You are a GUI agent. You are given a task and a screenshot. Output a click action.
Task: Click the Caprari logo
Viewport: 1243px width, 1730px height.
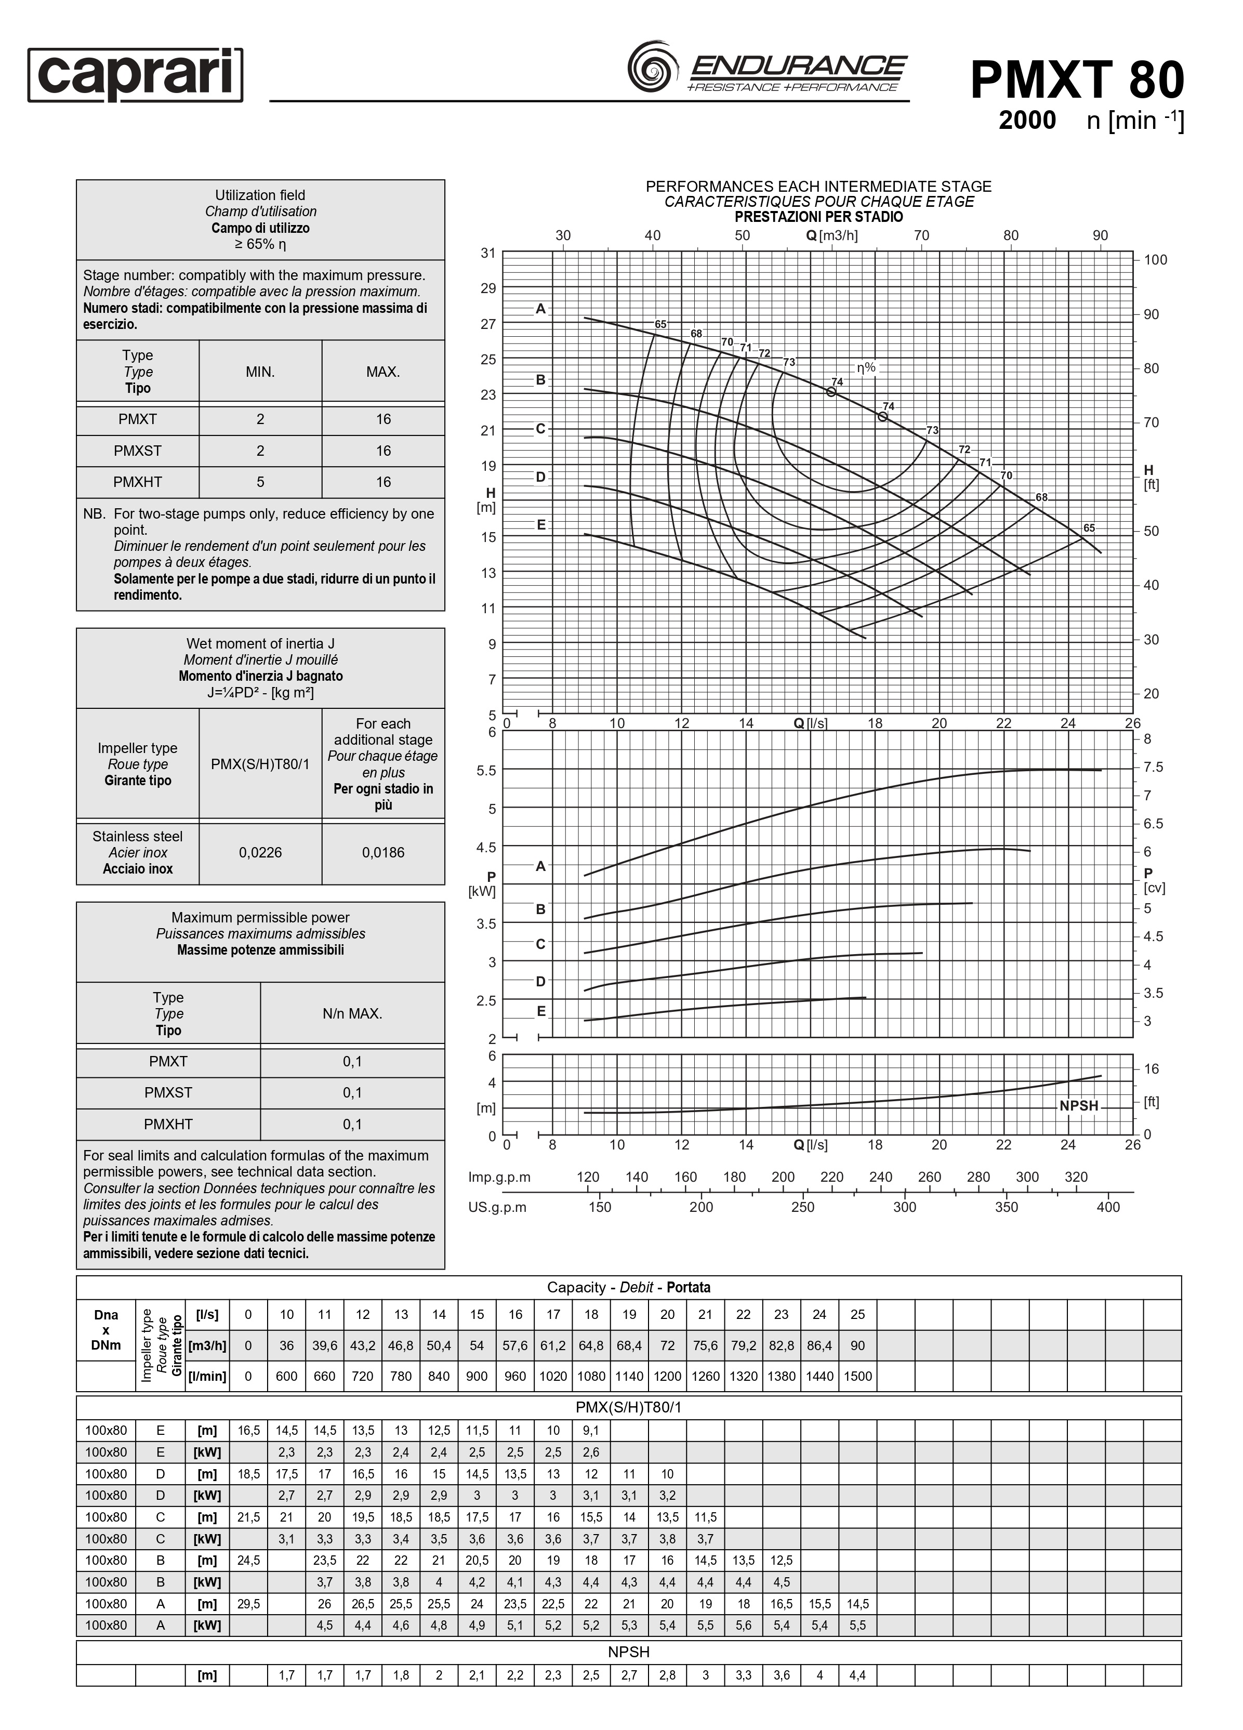pos(135,75)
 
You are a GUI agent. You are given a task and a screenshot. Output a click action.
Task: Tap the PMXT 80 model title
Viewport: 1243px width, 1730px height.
pos(1076,80)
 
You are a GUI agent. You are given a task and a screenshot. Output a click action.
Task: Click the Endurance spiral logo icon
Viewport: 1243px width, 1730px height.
pos(653,67)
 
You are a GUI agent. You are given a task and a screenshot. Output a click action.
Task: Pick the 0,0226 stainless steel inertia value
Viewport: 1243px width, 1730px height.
pos(260,852)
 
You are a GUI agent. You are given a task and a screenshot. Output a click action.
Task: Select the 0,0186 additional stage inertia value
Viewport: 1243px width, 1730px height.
pos(383,852)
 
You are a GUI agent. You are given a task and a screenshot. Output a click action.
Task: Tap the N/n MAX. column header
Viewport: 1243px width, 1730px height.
pos(352,1013)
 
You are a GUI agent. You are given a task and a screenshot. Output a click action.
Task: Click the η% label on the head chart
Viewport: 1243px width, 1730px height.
pos(866,367)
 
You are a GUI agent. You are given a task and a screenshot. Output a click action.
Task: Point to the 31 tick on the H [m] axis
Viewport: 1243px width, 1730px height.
pos(488,253)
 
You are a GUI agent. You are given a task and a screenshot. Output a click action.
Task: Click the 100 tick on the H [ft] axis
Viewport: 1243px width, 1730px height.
pos(1155,259)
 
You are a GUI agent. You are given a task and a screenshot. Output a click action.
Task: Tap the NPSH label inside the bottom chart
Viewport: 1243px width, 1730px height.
pos(1078,1105)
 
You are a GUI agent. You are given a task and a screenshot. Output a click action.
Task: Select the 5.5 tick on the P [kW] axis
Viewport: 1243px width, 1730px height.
pos(486,770)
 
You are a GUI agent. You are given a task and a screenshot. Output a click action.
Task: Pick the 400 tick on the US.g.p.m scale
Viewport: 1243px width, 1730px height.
pos(1108,1207)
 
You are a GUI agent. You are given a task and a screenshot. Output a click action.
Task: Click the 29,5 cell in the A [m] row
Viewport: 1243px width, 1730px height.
pos(248,1603)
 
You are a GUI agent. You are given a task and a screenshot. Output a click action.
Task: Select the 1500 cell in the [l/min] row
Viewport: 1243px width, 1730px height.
pos(857,1376)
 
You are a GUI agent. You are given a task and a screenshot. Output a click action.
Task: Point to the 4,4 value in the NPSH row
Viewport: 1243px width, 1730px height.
pos(857,1675)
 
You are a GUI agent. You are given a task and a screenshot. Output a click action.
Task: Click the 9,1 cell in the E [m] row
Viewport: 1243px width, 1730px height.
pos(591,1430)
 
